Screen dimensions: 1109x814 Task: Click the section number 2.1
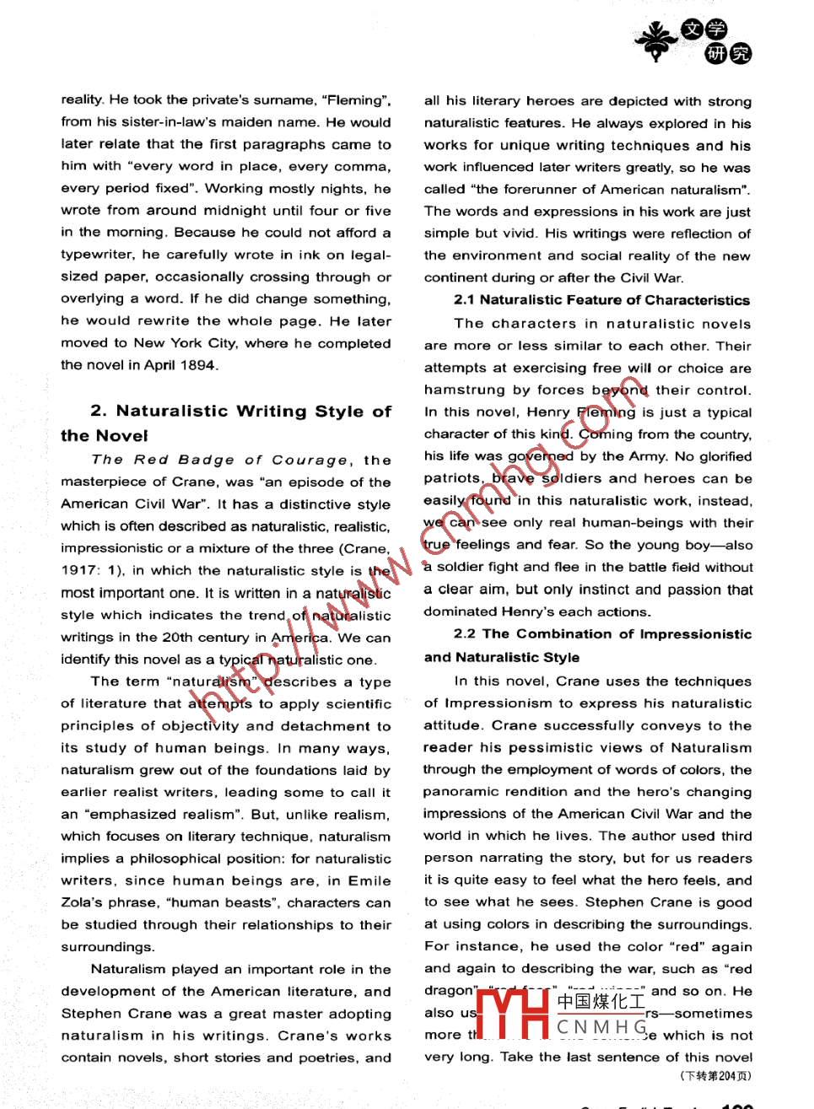point(465,300)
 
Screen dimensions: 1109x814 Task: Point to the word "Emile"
point(369,880)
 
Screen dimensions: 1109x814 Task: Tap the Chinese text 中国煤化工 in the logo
point(601,1002)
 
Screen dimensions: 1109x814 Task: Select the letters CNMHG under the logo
point(601,1027)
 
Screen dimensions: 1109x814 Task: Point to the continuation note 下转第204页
point(715,1075)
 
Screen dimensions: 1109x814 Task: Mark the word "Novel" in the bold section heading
point(123,436)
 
